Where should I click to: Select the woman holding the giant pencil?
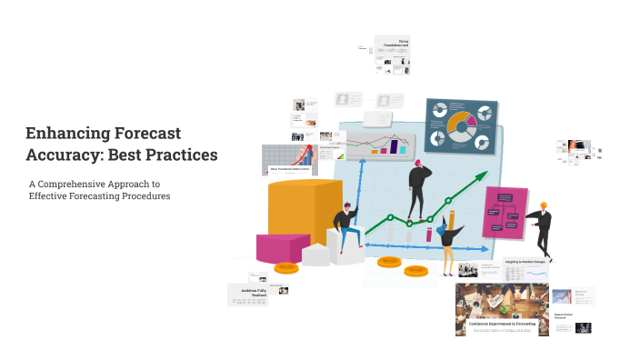tap(447, 238)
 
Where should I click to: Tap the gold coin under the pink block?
tap(285, 268)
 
